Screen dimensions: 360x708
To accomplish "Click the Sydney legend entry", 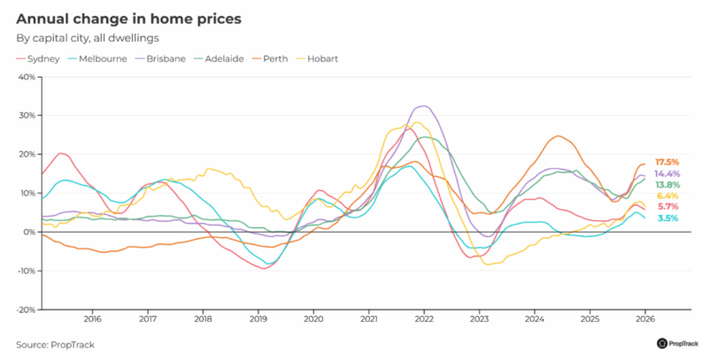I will (41, 58).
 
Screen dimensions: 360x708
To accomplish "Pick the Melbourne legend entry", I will (102, 58).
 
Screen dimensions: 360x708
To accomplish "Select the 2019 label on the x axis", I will (258, 319).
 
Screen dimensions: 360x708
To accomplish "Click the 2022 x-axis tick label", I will (424, 319).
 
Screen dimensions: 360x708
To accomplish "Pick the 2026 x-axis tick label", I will (645, 319).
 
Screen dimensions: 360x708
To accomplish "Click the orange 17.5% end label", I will (667, 163).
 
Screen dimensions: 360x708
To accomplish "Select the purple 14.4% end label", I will (667, 174).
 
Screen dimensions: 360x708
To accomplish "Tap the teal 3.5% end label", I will (667, 218).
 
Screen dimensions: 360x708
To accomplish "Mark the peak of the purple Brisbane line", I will (424, 106).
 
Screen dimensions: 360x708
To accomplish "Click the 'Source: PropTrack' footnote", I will (54, 343).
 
